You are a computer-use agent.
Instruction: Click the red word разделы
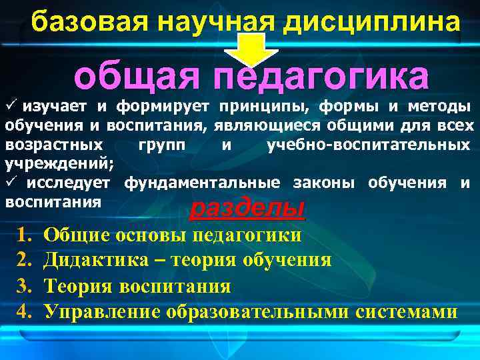click(x=247, y=209)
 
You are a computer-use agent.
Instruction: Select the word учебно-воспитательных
click(x=370, y=144)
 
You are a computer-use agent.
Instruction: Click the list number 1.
click(x=25, y=235)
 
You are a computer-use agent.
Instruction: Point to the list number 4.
click(x=25, y=311)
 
